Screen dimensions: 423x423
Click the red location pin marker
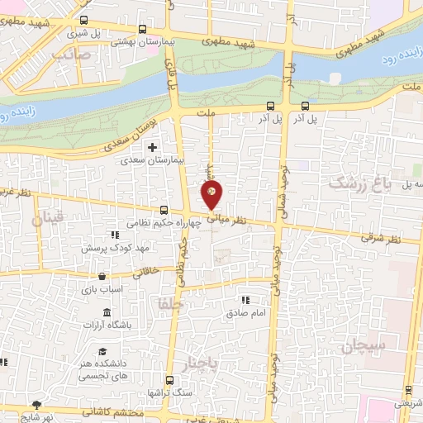click(x=211, y=194)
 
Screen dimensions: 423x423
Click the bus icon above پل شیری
click(x=84, y=21)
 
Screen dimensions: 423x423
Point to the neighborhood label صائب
click(x=69, y=53)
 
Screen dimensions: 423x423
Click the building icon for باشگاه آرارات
click(x=107, y=312)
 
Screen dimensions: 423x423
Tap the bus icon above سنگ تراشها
click(x=170, y=381)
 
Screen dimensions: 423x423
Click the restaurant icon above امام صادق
click(x=245, y=301)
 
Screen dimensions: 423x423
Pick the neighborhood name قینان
click(x=46, y=220)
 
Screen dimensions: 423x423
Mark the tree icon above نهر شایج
click(x=36, y=404)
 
